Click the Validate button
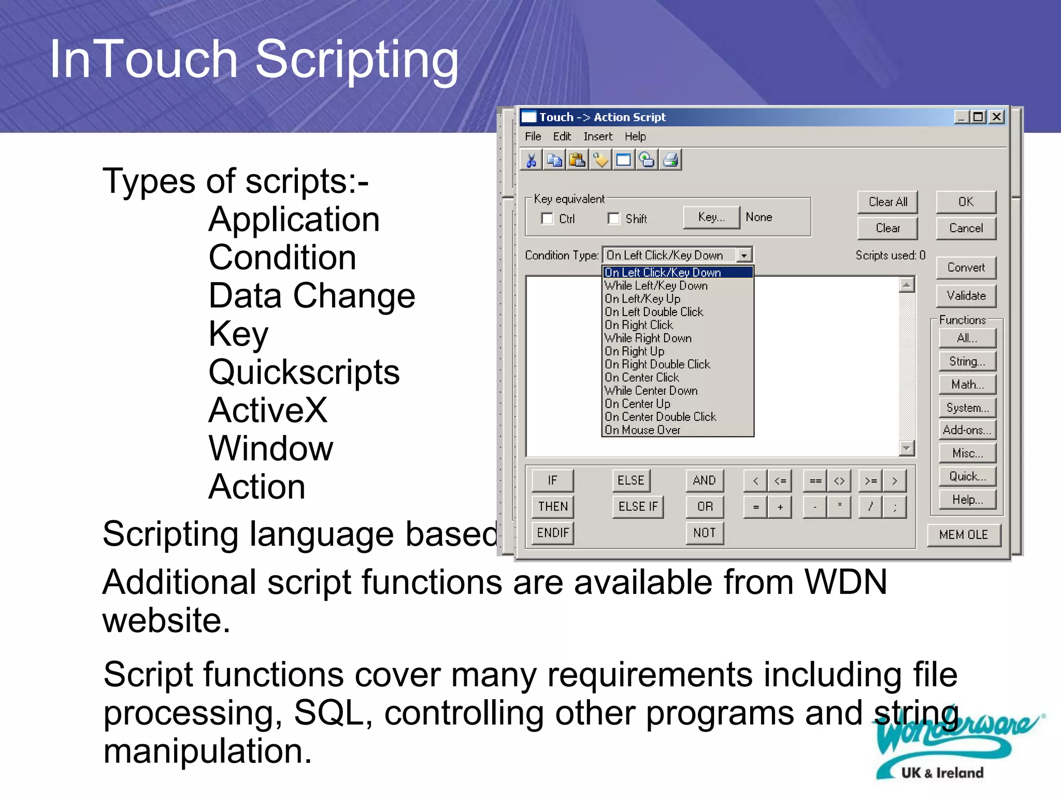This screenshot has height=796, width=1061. [x=966, y=295]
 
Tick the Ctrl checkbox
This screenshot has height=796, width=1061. [x=547, y=218]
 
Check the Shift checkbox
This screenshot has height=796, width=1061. [x=614, y=218]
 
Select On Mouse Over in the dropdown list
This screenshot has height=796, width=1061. [x=642, y=430]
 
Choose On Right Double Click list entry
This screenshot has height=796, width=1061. [x=657, y=364]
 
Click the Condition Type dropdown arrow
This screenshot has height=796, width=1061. [x=744, y=255]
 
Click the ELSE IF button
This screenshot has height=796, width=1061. [x=638, y=506]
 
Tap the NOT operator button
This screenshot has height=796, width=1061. [x=704, y=533]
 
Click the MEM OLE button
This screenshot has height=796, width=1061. [x=963, y=535]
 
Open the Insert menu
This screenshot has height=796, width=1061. [x=597, y=136]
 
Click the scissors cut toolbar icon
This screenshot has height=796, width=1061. [x=531, y=160]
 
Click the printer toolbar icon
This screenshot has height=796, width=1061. [x=670, y=160]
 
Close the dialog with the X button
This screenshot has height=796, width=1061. [x=996, y=117]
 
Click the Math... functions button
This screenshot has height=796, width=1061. [x=967, y=385]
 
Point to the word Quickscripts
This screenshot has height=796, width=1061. [x=304, y=372]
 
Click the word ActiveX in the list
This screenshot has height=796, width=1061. [x=268, y=410]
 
